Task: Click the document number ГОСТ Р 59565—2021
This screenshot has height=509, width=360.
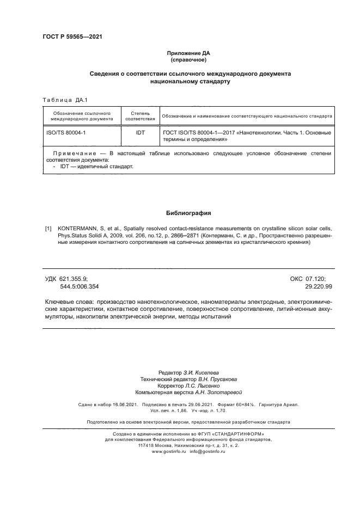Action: click(72, 37)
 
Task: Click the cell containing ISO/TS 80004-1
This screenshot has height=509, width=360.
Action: click(66, 132)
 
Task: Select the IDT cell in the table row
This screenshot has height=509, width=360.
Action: click(140, 132)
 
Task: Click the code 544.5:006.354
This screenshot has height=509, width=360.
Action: click(80, 286)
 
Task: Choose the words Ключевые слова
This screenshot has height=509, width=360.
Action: click(69, 301)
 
